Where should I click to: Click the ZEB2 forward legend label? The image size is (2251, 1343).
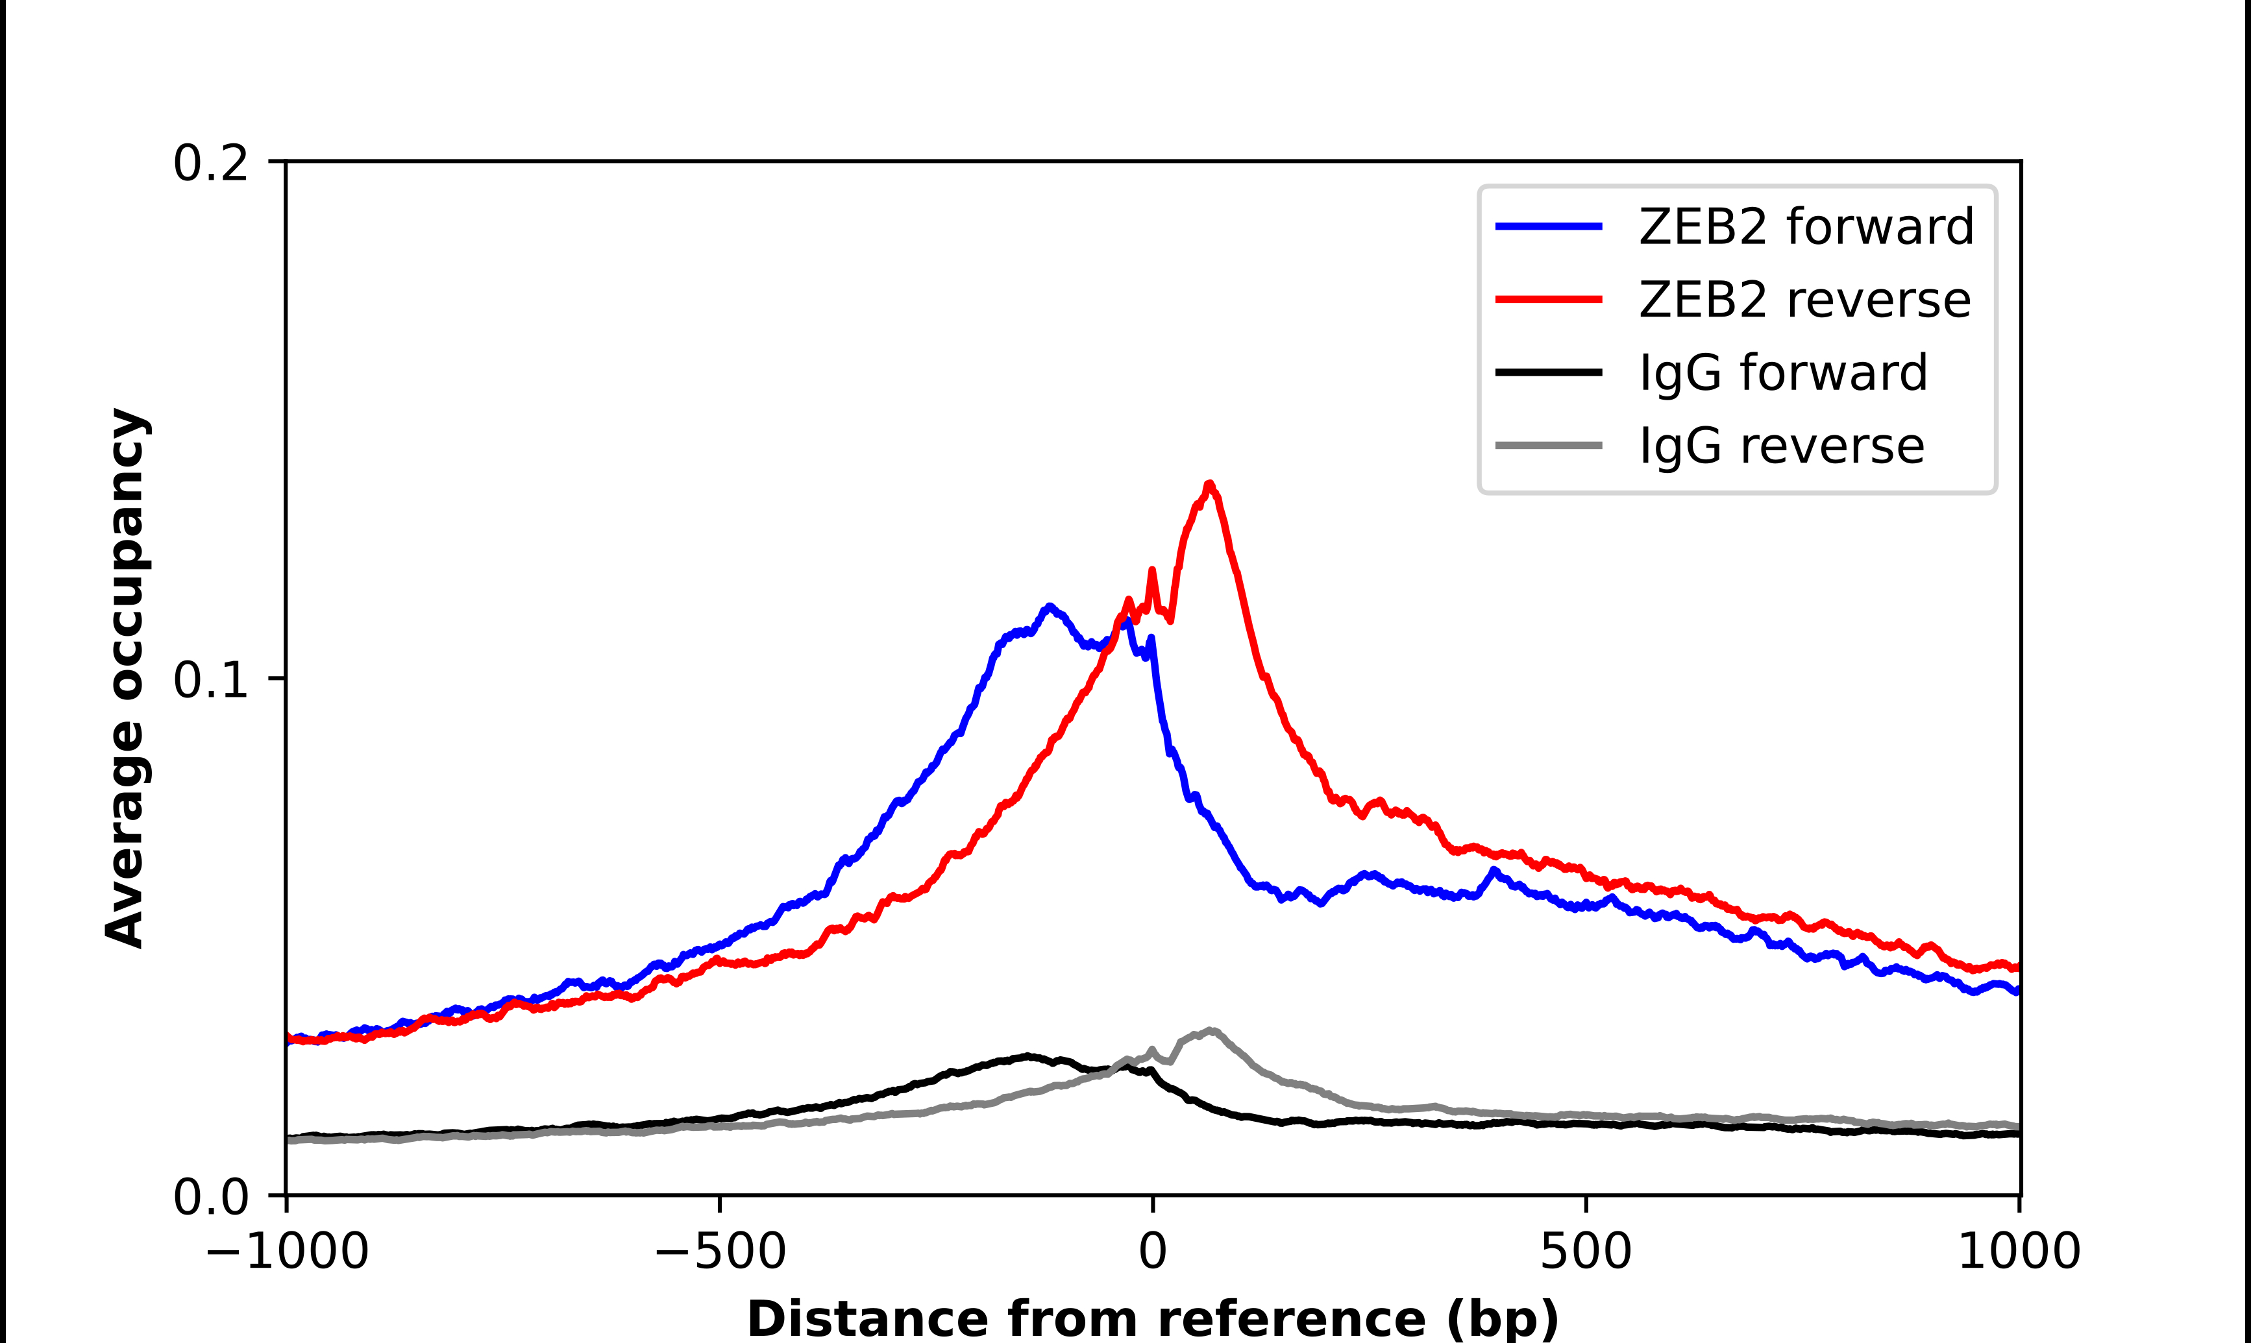point(1806,226)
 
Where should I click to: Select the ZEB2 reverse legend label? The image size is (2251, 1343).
point(1804,300)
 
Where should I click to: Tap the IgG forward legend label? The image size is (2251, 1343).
point(1783,373)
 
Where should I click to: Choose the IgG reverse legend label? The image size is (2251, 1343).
point(1781,446)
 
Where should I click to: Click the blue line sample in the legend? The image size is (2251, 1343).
point(1549,226)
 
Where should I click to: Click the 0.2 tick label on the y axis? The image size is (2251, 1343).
point(210,163)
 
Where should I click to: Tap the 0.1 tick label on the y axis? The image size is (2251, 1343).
point(210,680)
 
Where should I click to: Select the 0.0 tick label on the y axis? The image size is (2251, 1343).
point(210,1196)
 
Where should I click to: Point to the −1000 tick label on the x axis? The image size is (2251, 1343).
point(287,1252)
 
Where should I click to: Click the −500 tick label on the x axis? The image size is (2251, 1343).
point(720,1252)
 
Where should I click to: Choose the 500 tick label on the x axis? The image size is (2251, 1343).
point(1586,1252)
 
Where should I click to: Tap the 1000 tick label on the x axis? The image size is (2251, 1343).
point(2019,1252)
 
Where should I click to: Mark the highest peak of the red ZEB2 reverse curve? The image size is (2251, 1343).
point(1209,485)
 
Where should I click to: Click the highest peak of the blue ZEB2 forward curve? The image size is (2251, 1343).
point(1049,607)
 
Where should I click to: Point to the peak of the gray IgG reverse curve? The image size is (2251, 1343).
point(1210,1031)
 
